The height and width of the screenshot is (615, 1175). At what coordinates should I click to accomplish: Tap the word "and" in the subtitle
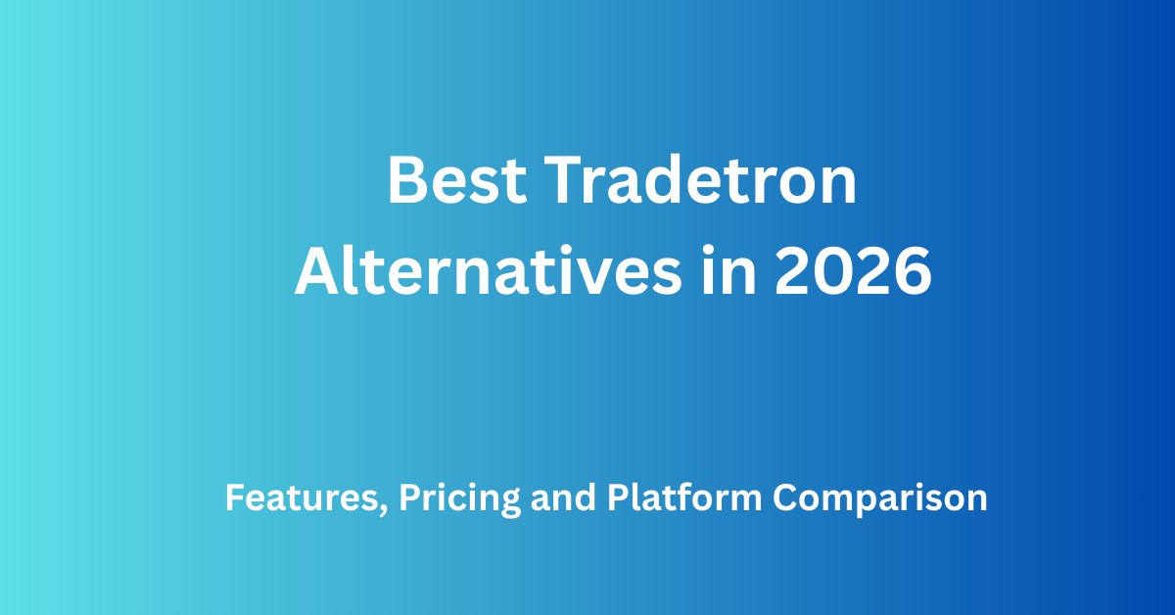(564, 498)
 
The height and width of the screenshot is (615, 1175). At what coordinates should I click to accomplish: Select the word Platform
(684, 498)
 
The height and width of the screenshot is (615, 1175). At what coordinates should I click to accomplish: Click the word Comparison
(880, 498)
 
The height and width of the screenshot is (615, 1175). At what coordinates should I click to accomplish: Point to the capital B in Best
(405, 182)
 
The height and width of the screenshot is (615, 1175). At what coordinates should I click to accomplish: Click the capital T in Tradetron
(561, 182)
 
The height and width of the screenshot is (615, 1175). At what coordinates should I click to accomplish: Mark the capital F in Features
(233, 498)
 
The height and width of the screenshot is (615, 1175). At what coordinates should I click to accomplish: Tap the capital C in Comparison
(785, 498)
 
